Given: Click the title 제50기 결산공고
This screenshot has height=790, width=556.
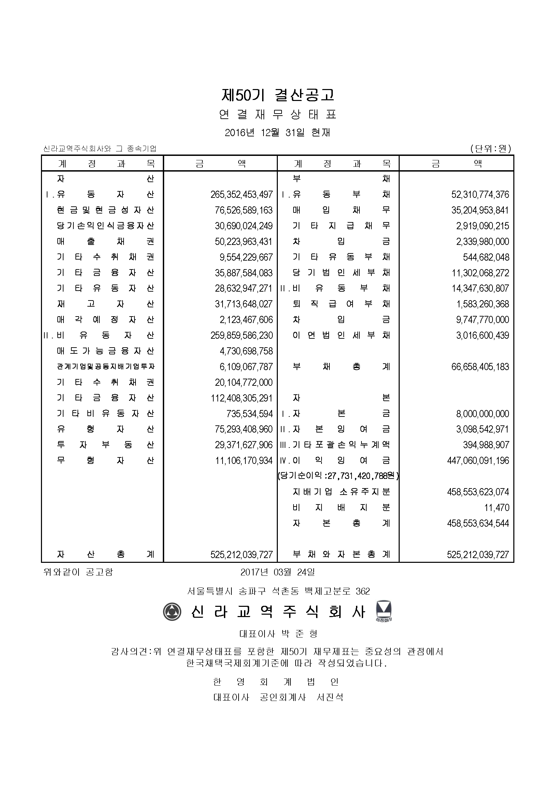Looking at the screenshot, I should tap(277, 95).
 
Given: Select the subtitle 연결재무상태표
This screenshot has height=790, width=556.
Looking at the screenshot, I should tap(277, 115).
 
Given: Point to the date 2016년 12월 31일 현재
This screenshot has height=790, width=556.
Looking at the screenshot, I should tap(277, 132).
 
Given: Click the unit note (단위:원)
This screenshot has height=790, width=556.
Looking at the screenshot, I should tap(490, 149).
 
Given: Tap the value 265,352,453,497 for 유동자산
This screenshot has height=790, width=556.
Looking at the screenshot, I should tap(242, 195).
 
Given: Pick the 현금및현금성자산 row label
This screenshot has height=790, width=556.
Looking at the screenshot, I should tap(105, 210).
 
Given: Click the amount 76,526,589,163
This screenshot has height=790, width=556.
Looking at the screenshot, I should tap(244, 210).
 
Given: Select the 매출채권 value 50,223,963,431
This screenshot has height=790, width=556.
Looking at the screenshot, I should tap(244, 242).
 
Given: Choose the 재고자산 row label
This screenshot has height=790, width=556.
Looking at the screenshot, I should tap(105, 304).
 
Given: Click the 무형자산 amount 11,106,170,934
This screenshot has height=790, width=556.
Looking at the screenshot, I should tap(244, 461).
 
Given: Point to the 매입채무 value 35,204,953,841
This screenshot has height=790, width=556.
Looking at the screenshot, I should tap(480, 210).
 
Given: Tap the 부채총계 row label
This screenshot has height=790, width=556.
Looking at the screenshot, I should tap(341, 367).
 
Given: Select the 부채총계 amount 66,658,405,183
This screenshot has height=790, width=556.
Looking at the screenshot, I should tap(480, 367).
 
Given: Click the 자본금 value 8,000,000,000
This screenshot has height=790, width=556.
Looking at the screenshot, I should tap(482, 414).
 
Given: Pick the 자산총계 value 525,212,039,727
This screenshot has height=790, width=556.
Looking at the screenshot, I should tap(242, 555).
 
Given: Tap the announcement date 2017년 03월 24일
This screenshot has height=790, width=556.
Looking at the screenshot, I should tap(277, 572).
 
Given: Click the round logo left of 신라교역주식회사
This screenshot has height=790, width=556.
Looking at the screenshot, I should tap(172, 611).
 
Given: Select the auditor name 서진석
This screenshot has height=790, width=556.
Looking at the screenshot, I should tap(330, 698).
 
